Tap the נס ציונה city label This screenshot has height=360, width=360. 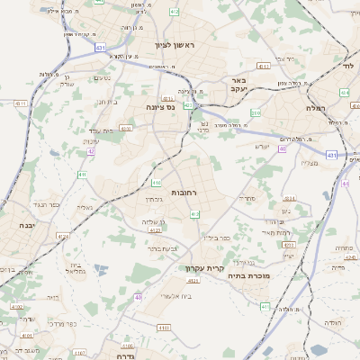[134, 107]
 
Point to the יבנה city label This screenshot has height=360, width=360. [24, 226]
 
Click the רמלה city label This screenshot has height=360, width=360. [339, 107]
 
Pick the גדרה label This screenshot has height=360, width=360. [124, 355]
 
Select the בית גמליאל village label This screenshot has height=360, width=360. [77, 269]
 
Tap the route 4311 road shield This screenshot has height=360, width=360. [21, 104]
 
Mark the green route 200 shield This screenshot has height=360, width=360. [256, 112]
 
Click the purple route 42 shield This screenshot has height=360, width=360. [92, 151]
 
